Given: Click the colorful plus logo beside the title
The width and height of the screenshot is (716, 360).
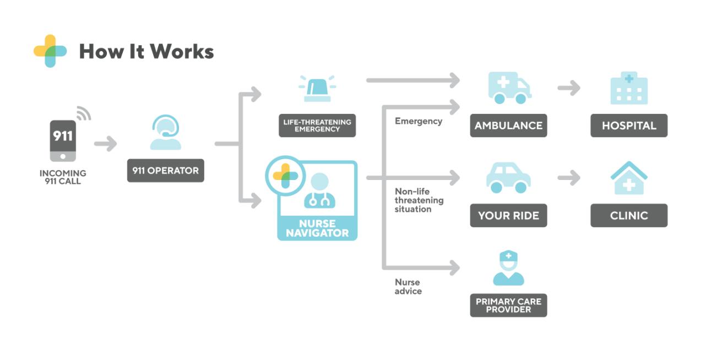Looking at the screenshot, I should [x=50, y=51].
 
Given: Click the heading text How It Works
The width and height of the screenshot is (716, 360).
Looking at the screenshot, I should [x=146, y=52].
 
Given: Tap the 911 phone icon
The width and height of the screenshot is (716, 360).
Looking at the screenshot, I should [x=63, y=140].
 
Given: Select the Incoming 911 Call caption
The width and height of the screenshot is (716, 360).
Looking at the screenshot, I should [x=63, y=177].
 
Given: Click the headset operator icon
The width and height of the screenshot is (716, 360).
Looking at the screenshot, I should [x=165, y=133].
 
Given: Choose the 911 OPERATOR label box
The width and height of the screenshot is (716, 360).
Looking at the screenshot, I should [x=165, y=171].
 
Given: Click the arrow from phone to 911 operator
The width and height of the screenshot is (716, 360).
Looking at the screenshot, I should [x=105, y=144].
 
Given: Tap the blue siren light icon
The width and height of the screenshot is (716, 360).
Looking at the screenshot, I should [x=317, y=89].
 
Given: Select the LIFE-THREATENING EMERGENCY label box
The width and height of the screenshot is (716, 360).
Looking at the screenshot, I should [x=317, y=126].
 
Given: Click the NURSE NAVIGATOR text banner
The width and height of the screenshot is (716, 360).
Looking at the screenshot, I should [x=317, y=228].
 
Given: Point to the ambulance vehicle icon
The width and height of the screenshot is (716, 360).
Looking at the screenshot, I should [x=509, y=88].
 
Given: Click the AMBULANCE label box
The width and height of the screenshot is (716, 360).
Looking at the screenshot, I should [x=508, y=126].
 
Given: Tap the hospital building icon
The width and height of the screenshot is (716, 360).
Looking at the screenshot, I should [x=628, y=88].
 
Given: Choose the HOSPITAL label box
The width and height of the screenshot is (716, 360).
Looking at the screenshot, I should [x=628, y=126].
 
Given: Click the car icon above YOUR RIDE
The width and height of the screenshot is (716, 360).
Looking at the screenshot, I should [x=508, y=177].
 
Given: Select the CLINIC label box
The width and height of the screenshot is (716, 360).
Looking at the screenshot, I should [x=628, y=216].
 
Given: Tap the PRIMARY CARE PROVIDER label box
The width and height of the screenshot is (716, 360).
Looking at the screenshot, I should [x=508, y=306].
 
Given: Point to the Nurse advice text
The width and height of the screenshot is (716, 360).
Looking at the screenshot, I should [x=408, y=287].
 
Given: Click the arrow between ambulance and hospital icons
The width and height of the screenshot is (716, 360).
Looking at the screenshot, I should [x=568, y=88].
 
